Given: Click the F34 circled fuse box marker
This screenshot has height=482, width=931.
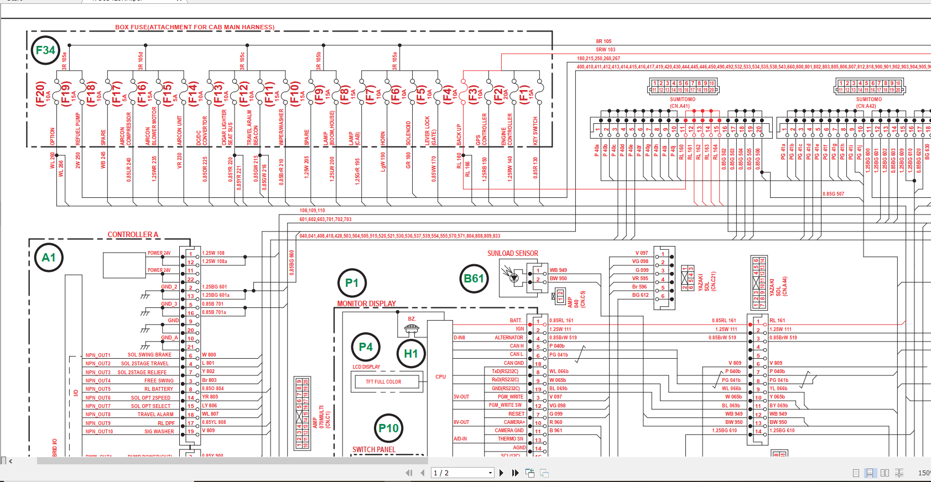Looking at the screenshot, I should [x=45, y=50].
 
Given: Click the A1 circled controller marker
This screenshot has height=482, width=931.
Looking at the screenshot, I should [x=49, y=258].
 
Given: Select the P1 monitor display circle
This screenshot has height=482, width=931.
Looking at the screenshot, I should [x=352, y=283].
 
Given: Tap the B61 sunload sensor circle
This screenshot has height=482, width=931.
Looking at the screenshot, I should [x=474, y=279].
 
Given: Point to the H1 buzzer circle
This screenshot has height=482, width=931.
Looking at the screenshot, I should [x=411, y=354].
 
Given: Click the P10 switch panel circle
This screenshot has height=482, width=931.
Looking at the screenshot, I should [x=388, y=428].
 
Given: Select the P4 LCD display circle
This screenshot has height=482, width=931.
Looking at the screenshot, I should [x=366, y=347].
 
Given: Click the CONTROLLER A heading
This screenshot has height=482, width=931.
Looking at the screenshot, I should [x=133, y=234].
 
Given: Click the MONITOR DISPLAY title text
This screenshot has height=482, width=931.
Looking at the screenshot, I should [x=366, y=303].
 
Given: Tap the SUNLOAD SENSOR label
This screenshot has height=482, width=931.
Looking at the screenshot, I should [x=512, y=253].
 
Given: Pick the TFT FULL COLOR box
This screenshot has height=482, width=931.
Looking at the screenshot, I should [x=383, y=381].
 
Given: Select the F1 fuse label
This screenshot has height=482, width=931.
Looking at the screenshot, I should [x=523, y=94].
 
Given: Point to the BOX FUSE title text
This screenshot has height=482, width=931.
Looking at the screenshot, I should [x=195, y=27].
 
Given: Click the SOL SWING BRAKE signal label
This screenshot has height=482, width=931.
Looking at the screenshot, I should [x=149, y=355].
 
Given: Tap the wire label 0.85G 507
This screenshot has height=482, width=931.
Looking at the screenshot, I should [x=833, y=194].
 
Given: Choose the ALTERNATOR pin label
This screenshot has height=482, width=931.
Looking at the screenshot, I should [x=508, y=338].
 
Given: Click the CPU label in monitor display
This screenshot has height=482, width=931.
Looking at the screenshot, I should [x=440, y=377].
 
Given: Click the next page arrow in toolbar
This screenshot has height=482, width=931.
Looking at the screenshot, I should [x=501, y=473].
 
